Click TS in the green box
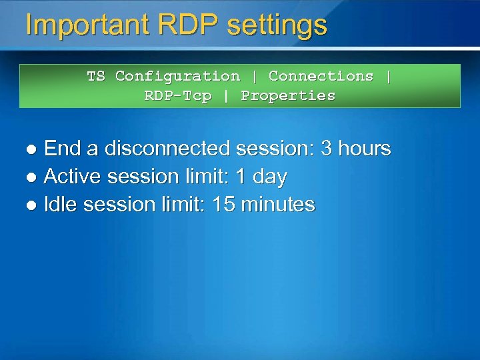[x=96, y=76]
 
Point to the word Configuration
[x=177, y=77]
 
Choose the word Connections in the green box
[x=321, y=76]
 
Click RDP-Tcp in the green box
[x=178, y=95]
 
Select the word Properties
[x=288, y=95]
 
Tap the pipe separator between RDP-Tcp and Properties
[x=226, y=95]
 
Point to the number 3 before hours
[x=327, y=148]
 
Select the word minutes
[x=279, y=205]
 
